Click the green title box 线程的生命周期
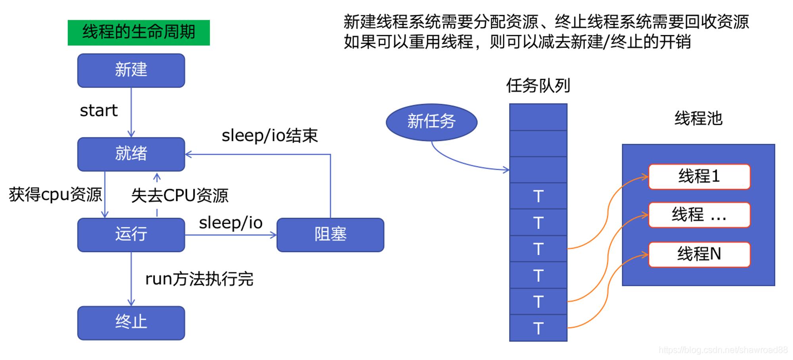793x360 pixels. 139,33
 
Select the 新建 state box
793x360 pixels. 131,71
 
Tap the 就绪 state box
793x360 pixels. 131,154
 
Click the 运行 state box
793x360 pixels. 131,235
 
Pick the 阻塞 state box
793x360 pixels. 330,235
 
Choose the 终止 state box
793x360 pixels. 131,323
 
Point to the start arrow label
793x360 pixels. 99,111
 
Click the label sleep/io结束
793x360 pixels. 270,136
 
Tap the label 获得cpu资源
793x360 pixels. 56,195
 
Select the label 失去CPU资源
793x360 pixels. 180,195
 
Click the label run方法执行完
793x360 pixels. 199,279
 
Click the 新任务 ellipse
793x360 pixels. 432,122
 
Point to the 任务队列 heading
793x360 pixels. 538,86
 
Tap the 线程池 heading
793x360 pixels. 699,119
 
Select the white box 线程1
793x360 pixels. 699,177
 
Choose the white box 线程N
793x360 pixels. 699,255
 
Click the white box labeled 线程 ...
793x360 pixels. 699,215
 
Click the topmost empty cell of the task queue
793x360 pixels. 538,117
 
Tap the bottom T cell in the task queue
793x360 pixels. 538,328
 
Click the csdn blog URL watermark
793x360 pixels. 723,350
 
